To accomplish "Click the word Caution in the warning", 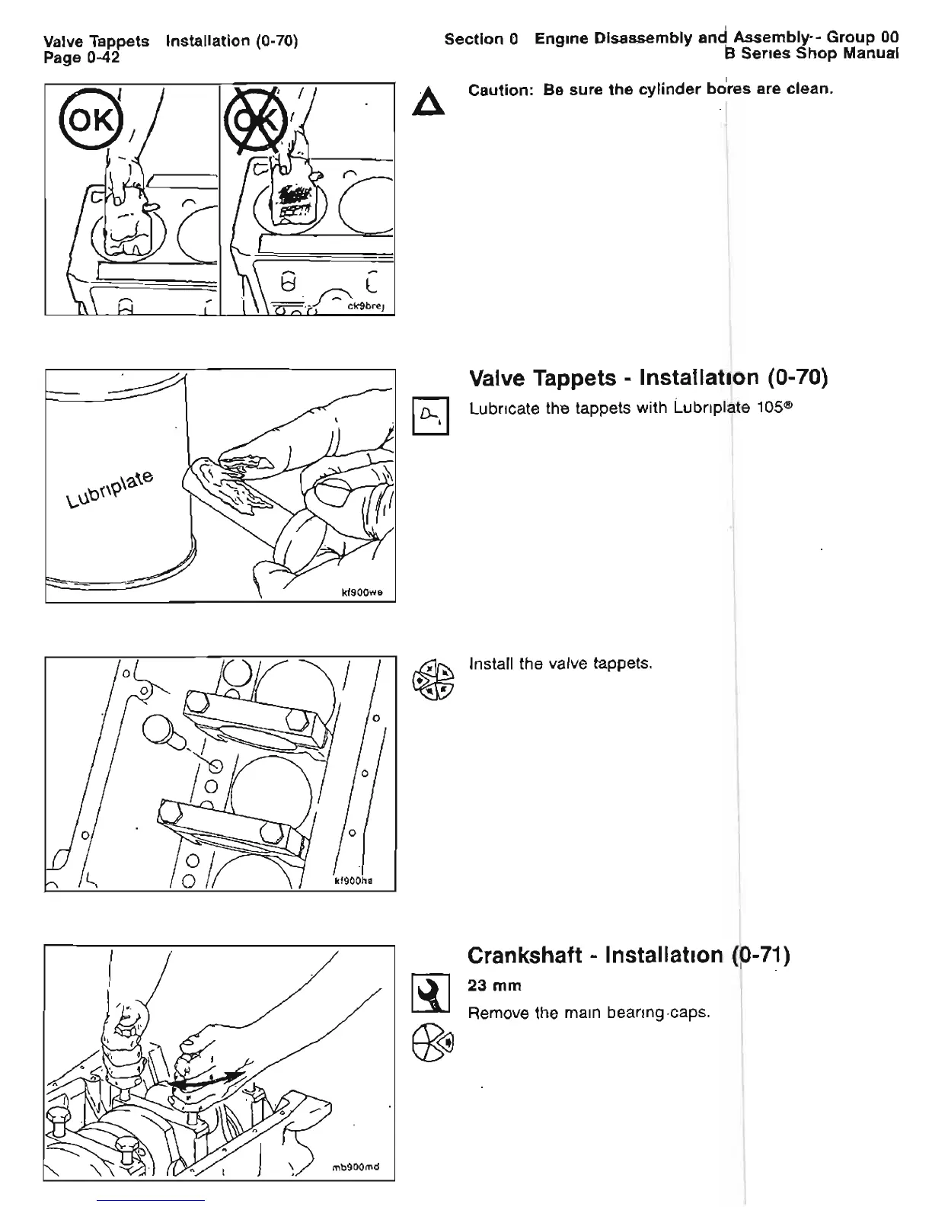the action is point(499,91).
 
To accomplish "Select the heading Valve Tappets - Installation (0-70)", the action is point(648,377).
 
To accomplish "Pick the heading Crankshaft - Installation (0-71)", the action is point(628,955).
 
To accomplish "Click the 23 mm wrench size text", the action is point(495,986).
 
